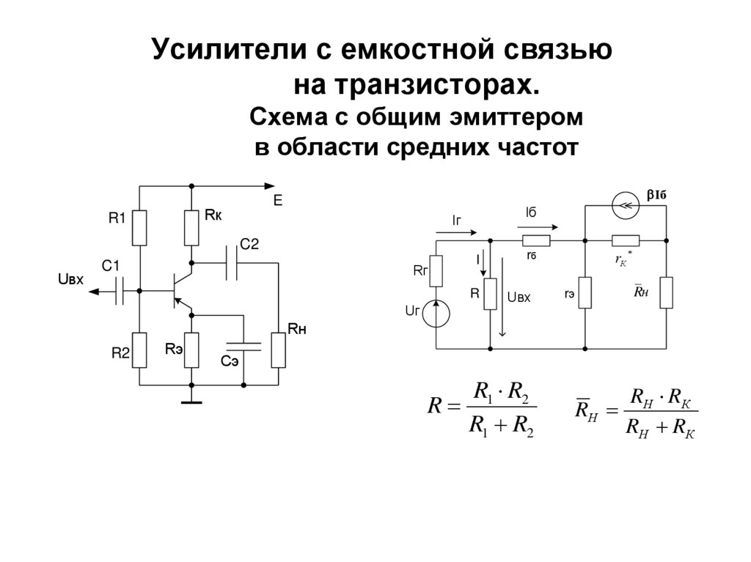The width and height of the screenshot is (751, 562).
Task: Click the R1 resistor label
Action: (x=117, y=218)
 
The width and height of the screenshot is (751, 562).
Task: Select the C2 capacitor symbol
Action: (x=232, y=262)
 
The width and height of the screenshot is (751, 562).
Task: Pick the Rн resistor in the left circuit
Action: (x=278, y=350)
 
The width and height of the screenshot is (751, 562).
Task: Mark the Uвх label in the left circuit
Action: (x=70, y=279)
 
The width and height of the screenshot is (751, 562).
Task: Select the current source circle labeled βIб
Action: (x=625, y=207)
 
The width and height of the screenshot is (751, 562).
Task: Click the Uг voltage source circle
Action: (x=436, y=314)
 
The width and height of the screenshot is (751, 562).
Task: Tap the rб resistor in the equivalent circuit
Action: (x=535, y=240)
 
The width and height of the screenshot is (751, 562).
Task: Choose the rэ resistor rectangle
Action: (x=585, y=293)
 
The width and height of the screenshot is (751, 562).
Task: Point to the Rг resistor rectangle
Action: (x=436, y=271)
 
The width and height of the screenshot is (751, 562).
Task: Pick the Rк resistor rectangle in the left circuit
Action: (x=191, y=228)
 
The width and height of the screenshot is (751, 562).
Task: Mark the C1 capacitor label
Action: (x=111, y=267)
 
